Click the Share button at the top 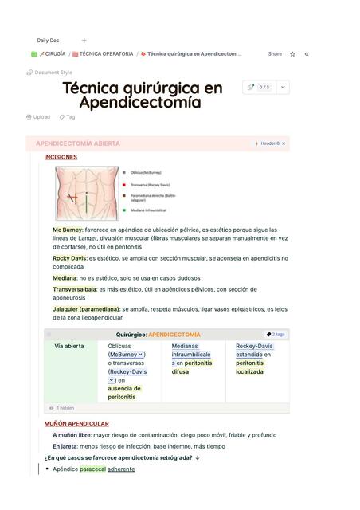275,54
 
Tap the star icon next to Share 292,54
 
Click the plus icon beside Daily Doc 84,40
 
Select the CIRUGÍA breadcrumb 52,54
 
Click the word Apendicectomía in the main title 139,103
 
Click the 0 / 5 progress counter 260,87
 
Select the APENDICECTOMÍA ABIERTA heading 78,143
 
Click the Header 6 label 269,143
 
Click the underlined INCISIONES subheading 61,157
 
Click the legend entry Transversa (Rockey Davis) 150,184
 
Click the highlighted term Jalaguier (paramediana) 86,308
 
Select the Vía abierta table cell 68,347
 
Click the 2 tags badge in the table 276,335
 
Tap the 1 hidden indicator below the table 65,408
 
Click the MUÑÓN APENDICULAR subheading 76,424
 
